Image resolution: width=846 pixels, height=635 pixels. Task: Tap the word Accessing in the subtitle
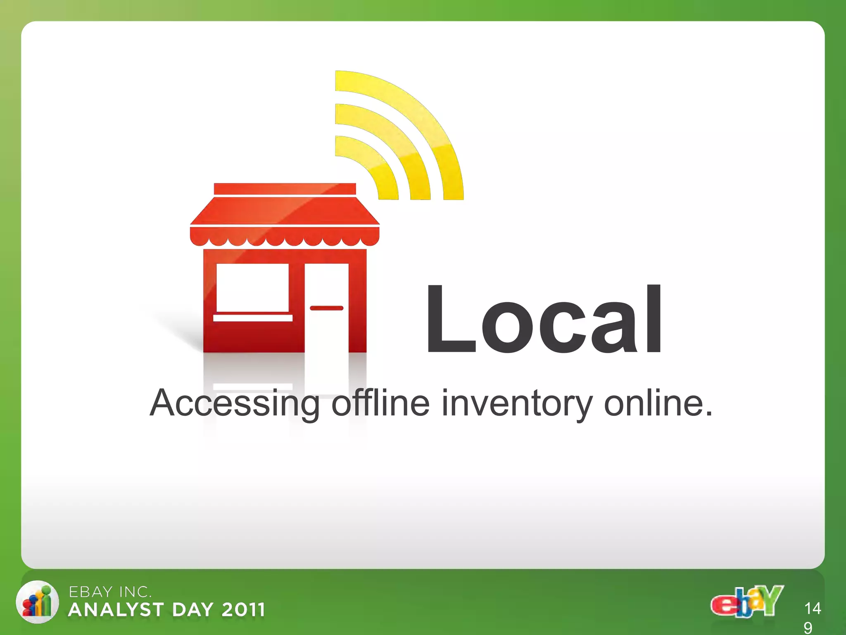[234, 403]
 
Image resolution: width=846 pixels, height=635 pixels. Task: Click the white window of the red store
[252, 287]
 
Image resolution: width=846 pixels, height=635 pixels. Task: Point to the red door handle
[326, 308]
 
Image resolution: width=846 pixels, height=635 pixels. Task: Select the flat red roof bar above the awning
[285, 189]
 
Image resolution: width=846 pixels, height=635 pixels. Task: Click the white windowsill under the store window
[253, 318]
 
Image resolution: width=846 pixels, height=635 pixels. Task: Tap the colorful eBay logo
[746, 602]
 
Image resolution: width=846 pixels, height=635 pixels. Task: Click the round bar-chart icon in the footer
[37, 602]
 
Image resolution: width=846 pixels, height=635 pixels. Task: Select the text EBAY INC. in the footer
[110, 592]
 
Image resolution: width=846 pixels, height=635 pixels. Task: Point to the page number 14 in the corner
[813, 608]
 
